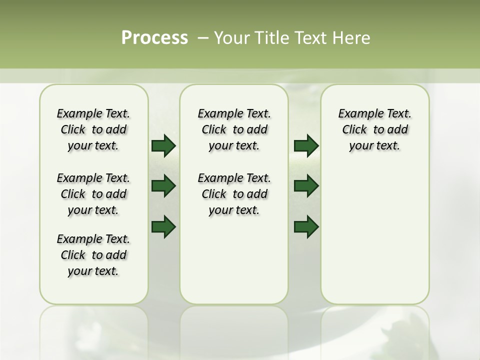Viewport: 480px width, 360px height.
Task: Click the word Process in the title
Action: pyautogui.click(x=154, y=38)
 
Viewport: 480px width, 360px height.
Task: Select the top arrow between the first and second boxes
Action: pyautogui.click(x=163, y=145)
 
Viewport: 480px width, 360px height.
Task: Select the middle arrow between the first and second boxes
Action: pyautogui.click(x=163, y=186)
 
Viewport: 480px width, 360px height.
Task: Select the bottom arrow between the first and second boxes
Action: pyautogui.click(x=163, y=227)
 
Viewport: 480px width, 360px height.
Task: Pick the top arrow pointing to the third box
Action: pyautogui.click(x=306, y=145)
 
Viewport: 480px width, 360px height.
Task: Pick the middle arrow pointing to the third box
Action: pyautogui.click(x=306, y=186)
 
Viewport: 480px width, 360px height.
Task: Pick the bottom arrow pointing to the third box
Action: pyautogui.click(x=306, y=227)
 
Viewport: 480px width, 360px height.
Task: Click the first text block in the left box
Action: pyautogui.click(x=93, y=129)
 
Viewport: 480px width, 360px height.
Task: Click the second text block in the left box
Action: pyautogui.click(x=93, y=194)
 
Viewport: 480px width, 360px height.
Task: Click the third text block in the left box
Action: pyautogui.click(x=93, y=255)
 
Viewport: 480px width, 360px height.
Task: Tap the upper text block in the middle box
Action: pyautogui.click(x=234, y=129)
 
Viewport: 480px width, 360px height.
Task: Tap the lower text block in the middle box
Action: pyautogui.click(x=234, y=194)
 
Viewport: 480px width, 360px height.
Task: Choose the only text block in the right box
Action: pyautogui.click(x=375, y=129)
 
